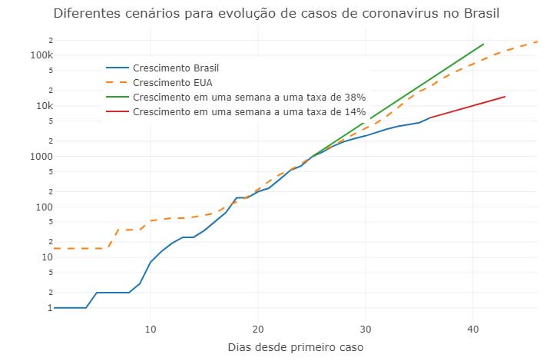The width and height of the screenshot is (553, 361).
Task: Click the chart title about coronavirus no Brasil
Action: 276,14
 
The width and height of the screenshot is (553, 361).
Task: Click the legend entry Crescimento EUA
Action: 167,82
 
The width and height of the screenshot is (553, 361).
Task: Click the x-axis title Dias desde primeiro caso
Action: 296,347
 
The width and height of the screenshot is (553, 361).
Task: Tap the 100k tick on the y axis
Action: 41,55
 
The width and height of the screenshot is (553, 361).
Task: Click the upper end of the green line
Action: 483,44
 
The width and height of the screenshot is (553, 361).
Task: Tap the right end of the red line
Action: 505,97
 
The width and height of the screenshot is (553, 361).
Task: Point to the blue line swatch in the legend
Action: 117,68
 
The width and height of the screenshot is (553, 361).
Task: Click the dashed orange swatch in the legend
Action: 117,82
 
